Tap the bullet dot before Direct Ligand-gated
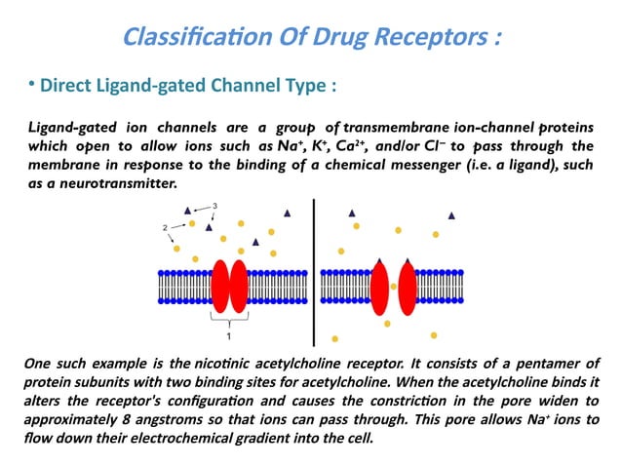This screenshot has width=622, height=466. [x=30, y=85]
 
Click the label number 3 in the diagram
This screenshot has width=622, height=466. [x=214, y=205]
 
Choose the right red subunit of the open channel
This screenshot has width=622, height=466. [x=408, y=287]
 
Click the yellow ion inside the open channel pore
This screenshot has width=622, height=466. [x=393, y=287]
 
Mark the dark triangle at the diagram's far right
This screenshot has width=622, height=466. [x=450, y=215]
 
